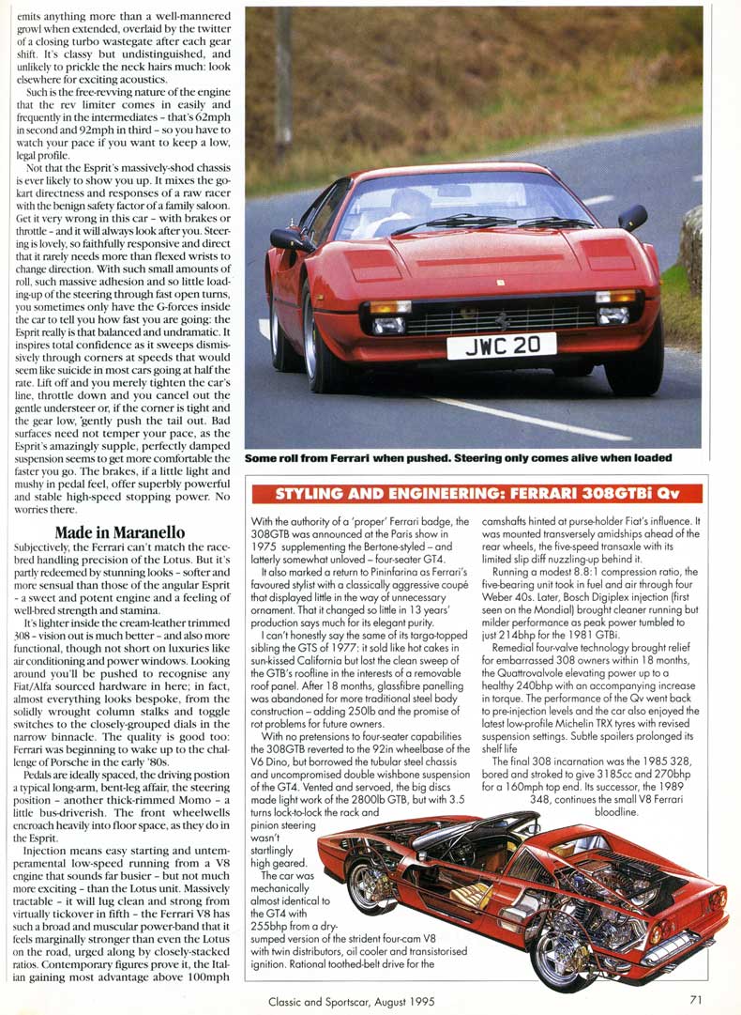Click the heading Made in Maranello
coord(119,532)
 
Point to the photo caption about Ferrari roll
coord(459,458)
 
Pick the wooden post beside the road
coord(283,85)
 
